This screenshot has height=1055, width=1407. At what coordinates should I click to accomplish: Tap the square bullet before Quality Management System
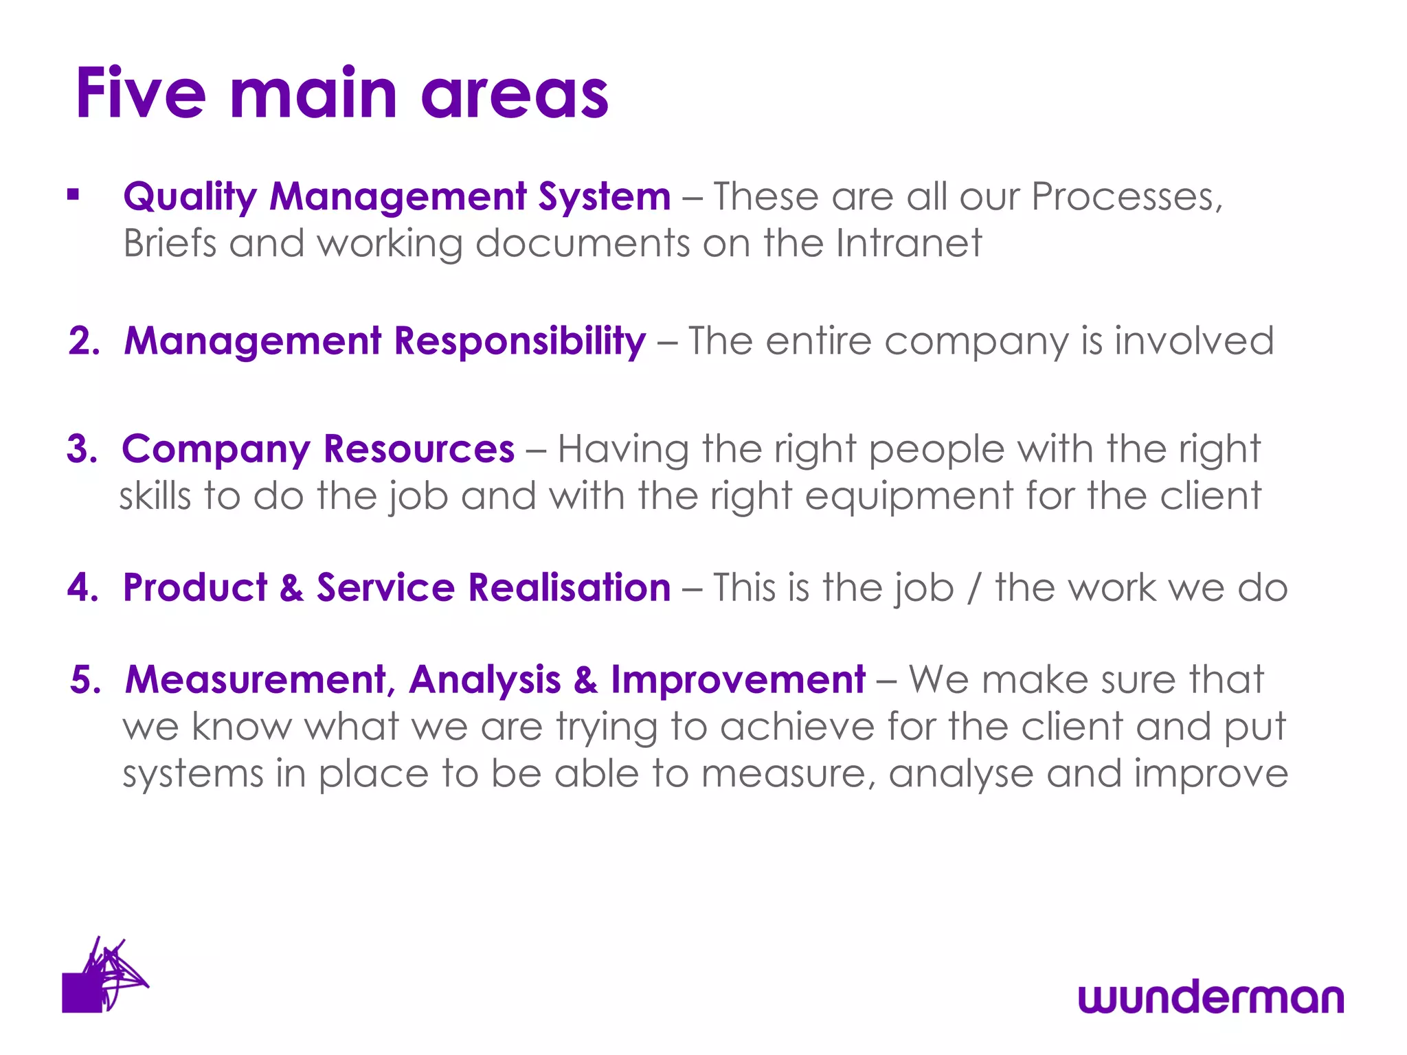(74, 196)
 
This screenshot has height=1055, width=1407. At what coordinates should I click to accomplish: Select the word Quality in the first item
(190, 198)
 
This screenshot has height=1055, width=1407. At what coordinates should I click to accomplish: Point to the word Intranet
(908, 243)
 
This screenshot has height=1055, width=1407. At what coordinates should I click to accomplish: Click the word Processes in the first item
(1127, 198)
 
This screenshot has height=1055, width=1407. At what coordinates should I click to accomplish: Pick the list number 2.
(83, 341)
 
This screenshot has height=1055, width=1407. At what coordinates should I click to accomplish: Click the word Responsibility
(519, 342)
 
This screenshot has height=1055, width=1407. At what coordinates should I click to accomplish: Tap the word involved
(1193, 341)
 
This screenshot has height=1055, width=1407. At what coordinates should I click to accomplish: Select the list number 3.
(82, 449)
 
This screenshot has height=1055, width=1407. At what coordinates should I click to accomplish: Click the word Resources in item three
(418, 449)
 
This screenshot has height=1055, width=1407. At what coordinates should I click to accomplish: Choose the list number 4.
(82, 588)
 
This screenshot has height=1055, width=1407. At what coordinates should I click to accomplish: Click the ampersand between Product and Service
(291, 588)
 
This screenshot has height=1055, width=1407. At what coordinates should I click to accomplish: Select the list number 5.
(85, 680)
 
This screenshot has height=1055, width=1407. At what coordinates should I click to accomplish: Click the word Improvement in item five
(738, 680)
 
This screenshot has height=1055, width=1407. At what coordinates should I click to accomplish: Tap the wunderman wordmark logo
(1211, 997)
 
